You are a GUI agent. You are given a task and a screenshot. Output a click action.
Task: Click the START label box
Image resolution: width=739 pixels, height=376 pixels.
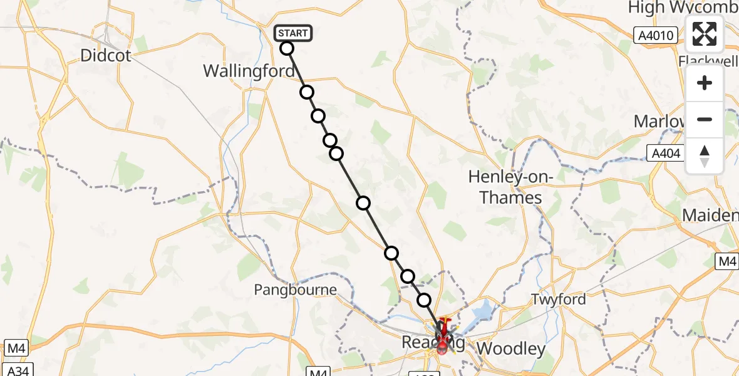(x=292, y=33)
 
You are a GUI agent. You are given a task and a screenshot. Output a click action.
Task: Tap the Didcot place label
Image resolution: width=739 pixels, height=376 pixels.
(x=106, y=56)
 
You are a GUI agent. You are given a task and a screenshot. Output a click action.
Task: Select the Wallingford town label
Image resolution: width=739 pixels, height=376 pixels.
(x=249, y=71)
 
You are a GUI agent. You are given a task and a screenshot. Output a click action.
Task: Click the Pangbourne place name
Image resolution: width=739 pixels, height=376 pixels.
(x=295, y=290)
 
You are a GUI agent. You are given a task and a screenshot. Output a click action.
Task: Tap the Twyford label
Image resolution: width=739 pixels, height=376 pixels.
(x=559, y=300)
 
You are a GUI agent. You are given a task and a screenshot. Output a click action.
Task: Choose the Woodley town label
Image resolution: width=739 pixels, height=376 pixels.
(x=511, y=348)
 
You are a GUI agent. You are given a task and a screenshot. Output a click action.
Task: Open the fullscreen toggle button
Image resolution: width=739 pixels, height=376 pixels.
(x=705, y=34)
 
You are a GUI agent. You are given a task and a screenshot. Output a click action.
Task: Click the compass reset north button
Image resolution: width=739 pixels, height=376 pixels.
(x=705, y=156)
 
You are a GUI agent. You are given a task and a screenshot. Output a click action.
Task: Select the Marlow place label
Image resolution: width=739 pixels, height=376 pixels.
(x=658, y=121)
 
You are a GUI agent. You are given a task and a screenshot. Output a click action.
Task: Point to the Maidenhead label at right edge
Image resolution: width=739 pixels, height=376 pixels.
(x=710, y=216)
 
